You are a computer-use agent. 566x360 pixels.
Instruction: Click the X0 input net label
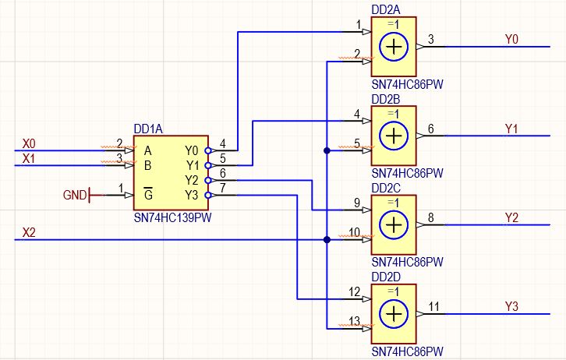29,143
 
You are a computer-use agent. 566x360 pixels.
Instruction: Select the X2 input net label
29,233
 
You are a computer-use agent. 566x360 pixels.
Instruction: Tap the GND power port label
75,195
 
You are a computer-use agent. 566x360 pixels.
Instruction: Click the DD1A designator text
148,129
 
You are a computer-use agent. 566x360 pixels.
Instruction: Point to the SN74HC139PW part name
172,218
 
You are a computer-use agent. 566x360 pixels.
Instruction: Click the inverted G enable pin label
148,194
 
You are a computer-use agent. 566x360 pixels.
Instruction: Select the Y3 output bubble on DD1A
208,195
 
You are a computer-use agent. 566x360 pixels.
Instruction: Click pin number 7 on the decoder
223,188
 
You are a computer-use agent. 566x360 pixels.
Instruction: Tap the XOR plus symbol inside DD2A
394,47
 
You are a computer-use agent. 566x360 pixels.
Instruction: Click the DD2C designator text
386,188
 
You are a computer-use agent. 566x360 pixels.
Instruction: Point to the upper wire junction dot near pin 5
327,150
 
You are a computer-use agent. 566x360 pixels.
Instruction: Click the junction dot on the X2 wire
327,239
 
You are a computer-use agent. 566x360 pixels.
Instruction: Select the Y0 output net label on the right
511,39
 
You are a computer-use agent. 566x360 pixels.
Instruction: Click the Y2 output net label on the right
511,217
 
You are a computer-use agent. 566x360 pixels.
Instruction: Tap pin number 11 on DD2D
433,306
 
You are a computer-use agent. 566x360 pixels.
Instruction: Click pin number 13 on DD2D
355,321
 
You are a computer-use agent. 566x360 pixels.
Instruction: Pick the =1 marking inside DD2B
394,114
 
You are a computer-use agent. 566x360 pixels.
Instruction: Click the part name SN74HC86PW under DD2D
407,351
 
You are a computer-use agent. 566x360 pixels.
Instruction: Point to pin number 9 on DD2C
357,203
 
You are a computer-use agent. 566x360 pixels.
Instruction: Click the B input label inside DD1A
147,165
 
